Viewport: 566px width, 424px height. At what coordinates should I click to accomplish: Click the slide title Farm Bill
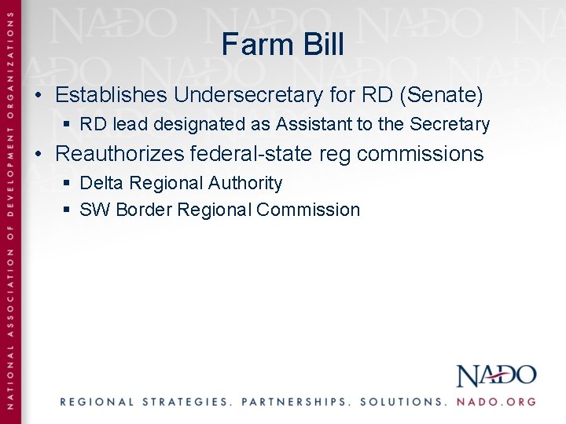[x=283, y=44]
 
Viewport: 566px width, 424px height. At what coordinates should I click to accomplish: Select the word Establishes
[x=112, y=96]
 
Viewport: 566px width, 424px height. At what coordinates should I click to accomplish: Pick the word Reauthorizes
[x=120, y=153]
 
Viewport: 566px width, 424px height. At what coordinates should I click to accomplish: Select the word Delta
[x=102, y=183]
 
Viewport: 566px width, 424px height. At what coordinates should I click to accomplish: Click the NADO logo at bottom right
[x=496, y=375]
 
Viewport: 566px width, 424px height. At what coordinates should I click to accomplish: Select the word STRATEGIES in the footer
[x=186, y=401]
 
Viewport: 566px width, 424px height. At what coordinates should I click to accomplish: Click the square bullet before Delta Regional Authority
[x=68, y=183]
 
